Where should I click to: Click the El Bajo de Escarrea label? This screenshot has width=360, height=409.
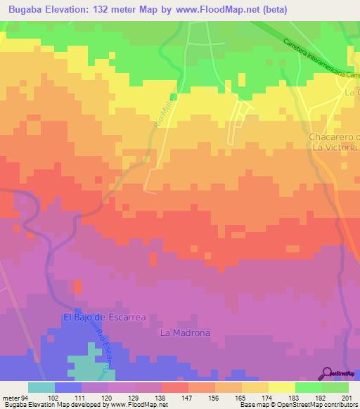pos(104,317)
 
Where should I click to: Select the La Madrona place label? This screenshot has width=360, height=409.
pos(185,332)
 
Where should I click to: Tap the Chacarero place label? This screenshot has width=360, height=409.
pos(333,136)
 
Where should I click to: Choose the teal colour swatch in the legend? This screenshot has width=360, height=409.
pos(41,387)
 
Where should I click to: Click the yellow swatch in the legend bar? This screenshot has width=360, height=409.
pos(282,387)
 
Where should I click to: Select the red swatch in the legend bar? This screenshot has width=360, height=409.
pos(175,387)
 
